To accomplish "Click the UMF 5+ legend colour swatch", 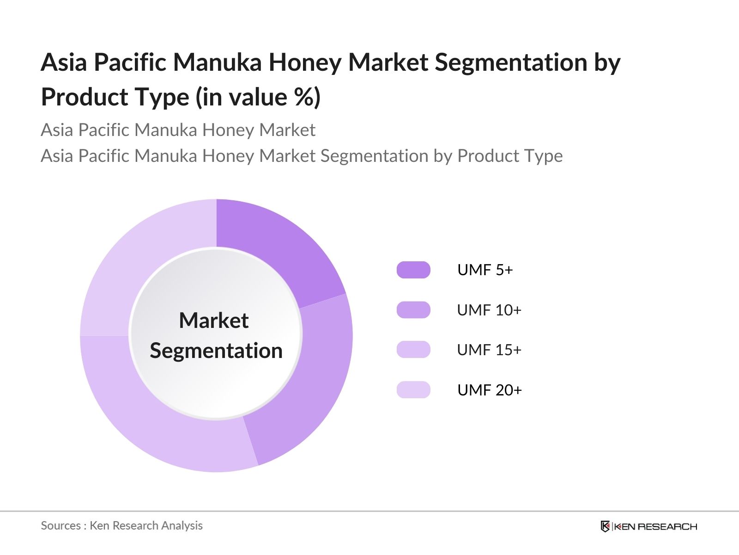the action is (x=413, y=270).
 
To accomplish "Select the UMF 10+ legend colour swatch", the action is (x=413, y=310).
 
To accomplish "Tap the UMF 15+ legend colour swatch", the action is (x=413, y=350).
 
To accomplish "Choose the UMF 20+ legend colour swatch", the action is (x=413, y=389).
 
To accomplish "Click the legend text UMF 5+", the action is (x=485, y=270).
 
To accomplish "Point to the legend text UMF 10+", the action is (x=489, y=310).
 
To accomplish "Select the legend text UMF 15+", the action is (x=489, y=350).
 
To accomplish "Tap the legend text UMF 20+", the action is (x=490, y=390).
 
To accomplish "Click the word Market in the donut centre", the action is (x=214, y=320).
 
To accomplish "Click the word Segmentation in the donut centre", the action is (x=216, y=351).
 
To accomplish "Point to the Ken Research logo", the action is (x=649, y=526).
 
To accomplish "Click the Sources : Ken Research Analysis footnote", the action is (x=121, y=526).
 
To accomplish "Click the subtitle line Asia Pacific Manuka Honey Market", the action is (x=178, y=130).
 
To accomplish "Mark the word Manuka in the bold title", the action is (x=218, y=62).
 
